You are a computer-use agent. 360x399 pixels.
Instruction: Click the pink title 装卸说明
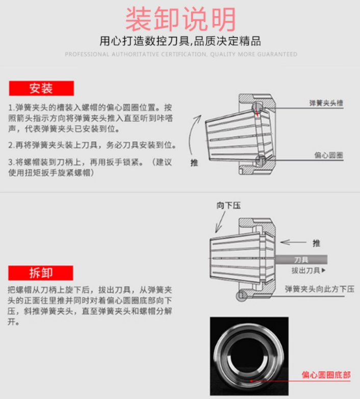click(181, 19)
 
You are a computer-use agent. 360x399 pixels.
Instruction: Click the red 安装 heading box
click(41, 88)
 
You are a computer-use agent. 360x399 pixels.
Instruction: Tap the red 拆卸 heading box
click(41, 273)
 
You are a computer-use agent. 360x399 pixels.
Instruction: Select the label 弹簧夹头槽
click(326, 103)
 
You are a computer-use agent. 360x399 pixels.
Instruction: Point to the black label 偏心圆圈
click(328, 155)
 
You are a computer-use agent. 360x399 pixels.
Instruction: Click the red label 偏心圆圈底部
click(326, 375)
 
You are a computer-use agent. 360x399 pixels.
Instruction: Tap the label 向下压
click(228, 205)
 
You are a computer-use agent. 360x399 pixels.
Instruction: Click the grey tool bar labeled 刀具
click(300, 259)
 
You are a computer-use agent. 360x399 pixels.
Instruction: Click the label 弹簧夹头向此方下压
click(320, 289)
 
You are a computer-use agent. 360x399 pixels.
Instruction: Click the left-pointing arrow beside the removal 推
click(293, 242)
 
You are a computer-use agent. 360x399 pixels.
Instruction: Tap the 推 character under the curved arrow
click(194, 163)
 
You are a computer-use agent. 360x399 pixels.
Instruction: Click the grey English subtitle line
click(181, 54)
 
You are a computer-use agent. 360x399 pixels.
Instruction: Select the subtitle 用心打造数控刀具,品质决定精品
click(180, 41)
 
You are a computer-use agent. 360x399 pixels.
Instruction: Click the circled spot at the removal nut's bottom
click(241, 296)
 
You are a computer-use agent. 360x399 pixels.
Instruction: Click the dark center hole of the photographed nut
click(248, 355)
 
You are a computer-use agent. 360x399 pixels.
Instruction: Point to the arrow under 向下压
click(220, 222)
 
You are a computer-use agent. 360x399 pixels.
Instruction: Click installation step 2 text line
click(92, 145)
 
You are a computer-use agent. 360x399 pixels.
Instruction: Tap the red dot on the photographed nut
click(251, 381)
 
